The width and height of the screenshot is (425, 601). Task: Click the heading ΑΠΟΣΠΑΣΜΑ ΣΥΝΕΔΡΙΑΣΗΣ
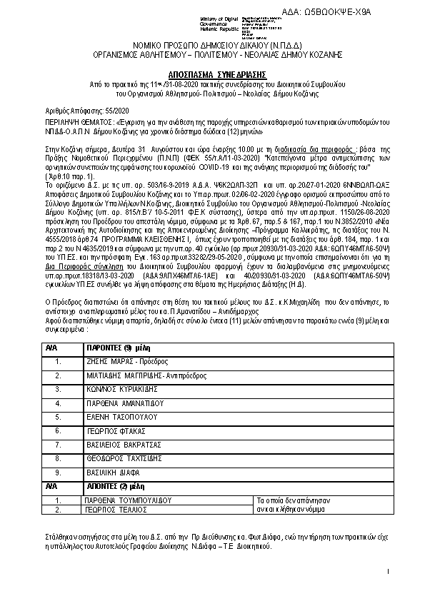click(x=213, y=74)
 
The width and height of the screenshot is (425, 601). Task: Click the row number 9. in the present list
click(x=57, y=473)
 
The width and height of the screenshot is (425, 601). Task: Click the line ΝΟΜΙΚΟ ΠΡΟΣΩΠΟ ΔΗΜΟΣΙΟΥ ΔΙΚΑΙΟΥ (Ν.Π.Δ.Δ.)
click(x=213, y=45)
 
